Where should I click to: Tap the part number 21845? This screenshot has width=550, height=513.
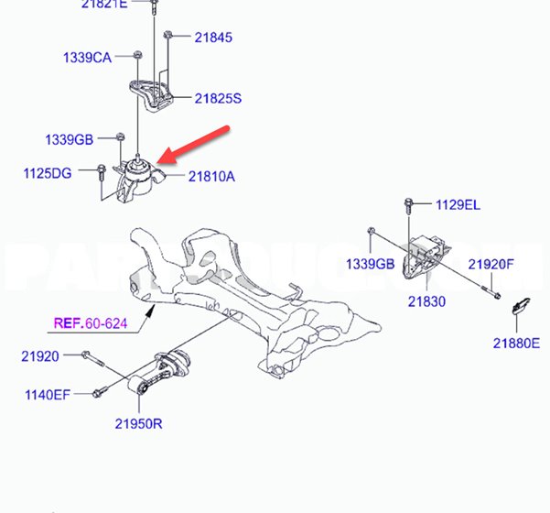[x=212, y=38]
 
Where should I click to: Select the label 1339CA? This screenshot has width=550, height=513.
[x=87, y=58]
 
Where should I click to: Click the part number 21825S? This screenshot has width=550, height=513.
[x=216, y=98]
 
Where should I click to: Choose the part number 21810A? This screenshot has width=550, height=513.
[x=211, y=176]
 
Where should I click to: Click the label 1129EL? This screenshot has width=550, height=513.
[x=458, y=205]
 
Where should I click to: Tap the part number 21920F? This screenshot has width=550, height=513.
[x=492, y=264]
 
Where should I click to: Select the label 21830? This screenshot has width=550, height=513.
[x=427, y=299]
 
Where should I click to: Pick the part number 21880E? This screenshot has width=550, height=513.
[x=516, y=343]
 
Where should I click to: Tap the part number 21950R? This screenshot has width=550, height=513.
[x=139, y=423]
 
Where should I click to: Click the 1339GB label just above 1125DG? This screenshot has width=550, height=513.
[x=70, y=140]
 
